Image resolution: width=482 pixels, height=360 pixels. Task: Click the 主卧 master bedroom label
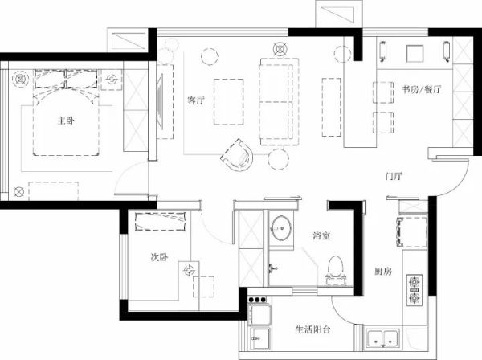click(66, 121)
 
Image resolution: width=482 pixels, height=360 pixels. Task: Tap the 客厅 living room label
click(196, 100)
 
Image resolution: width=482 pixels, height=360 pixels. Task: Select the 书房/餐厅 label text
click(422, 89)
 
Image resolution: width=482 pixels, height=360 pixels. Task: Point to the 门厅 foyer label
click(394, 177)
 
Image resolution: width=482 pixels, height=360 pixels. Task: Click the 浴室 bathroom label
click(322, 235)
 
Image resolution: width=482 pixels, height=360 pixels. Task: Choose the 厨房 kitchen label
click(383, 271)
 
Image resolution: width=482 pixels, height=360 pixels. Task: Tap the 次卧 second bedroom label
click(159, 256)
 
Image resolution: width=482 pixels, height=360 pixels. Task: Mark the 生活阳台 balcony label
click(313, 329)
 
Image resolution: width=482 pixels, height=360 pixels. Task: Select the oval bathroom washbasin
click(280, 227)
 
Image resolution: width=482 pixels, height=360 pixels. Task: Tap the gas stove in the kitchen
click(415, 290)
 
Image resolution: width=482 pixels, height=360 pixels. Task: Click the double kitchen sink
click(382, 339)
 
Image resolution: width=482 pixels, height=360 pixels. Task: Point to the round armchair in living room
click(237, 156)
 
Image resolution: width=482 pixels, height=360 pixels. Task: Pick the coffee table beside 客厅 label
click(228, 102)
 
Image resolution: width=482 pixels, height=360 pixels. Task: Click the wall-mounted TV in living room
click(160, 102)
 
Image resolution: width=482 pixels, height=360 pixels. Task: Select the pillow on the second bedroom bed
click(161, 221)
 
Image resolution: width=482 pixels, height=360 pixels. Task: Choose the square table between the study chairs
click(415, 54)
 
